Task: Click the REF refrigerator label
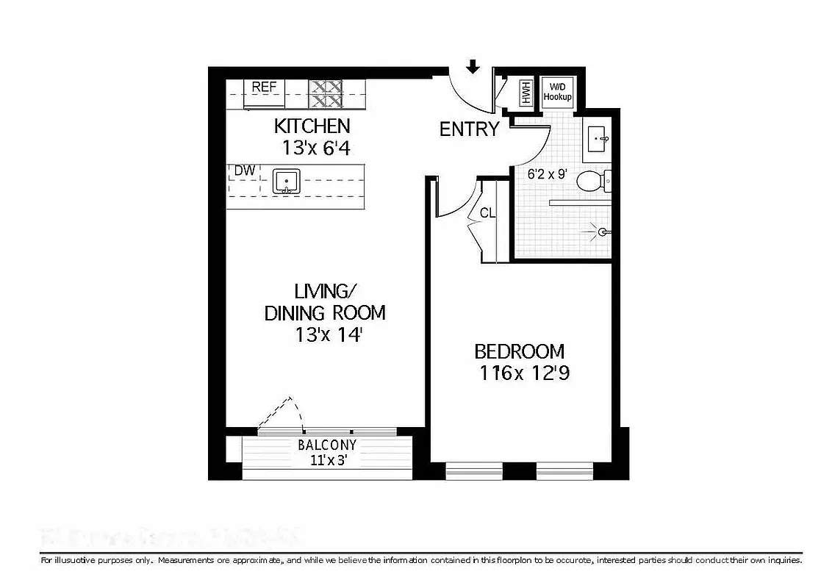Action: coord(264,87)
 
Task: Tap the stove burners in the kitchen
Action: coord(326,93)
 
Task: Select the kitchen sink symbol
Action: coord(284,181)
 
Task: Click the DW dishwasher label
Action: coord(244,171)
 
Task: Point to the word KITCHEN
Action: coord(312,126)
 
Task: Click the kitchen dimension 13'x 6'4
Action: coord(315,148)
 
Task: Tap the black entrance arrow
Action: coord(473,67)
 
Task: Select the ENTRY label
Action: coord(469,130)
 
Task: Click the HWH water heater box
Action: coord(526,93)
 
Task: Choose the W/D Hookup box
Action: coord(556,92)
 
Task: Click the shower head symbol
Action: coord(600,232)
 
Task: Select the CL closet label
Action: coord(487,214)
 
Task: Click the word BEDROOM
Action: coord(519,351)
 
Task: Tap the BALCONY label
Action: coord(327,445)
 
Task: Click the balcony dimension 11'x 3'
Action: coord(327,462)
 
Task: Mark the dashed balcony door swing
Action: coord(283,412)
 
